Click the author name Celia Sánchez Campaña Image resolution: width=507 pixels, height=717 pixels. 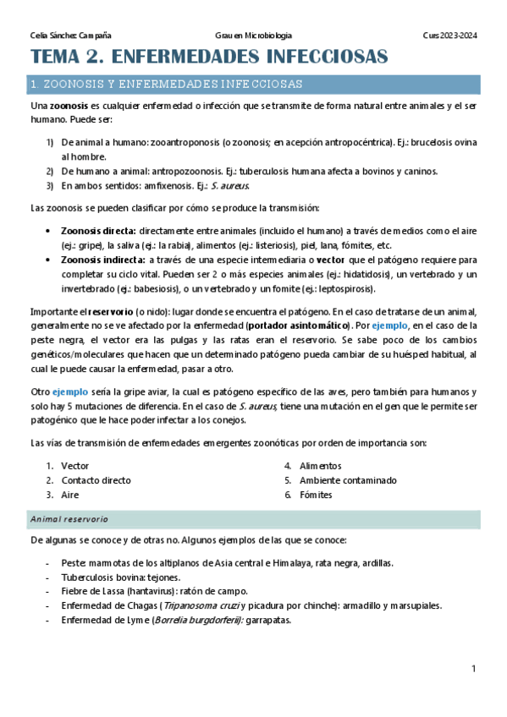[x=70, y=36]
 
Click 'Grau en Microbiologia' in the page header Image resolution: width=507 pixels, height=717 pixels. [x=254, y=36]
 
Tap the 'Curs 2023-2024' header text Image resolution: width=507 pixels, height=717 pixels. [x=449, y=36]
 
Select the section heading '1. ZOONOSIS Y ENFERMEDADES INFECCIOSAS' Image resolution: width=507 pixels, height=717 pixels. [x=166, y=85]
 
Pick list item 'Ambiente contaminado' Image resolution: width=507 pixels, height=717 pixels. [x=347, y=480]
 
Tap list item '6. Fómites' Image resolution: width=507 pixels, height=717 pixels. [x=315, y=495]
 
